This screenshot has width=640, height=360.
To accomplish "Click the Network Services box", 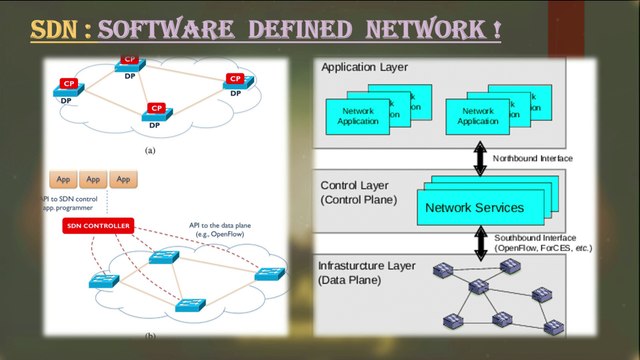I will (x=473, y=208).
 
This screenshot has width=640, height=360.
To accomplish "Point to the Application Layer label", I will (x=363, y=67).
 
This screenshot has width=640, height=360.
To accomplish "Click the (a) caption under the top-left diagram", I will (x=151, y=149).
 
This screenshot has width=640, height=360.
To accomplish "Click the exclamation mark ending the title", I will (x=495, y=29).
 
